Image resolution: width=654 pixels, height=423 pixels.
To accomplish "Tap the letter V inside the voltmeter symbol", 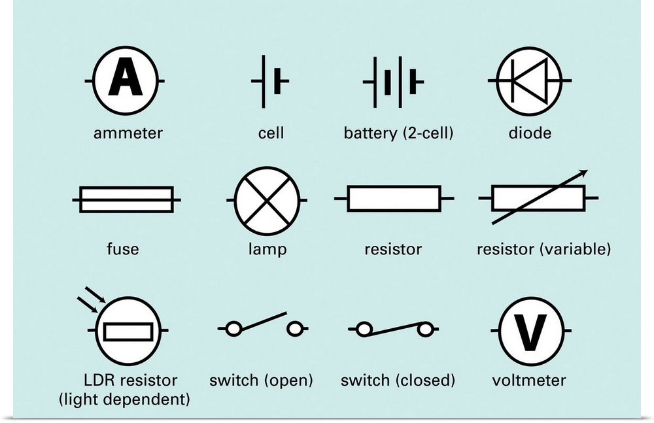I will [x=530, y=331].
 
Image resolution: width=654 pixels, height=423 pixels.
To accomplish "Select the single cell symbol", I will [x=270, y=81].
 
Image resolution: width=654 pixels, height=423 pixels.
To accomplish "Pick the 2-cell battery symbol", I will [x=394, y=82].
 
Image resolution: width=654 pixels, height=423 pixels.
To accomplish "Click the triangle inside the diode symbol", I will [x=523, y=80].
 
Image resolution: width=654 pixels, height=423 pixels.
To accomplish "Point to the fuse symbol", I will [x=126, y=199].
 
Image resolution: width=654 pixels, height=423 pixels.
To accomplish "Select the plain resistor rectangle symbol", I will [x=394, y=199].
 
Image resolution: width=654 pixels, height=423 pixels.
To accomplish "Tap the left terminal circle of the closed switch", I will [x=364, y=328].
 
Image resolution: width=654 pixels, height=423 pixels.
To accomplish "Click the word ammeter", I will [x=128, y=133].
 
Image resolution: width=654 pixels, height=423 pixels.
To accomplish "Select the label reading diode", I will [x=530, y=133].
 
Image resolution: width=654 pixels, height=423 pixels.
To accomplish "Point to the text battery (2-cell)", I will [x=399, y=133].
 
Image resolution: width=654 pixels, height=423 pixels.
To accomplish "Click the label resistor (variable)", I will [x=544, y=249].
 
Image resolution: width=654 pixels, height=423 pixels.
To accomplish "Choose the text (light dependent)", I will [x=124, y=398].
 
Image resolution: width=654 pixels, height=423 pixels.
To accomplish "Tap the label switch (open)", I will [x=261, y=380].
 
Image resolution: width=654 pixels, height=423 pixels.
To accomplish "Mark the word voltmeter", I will [x=530, y=380].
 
